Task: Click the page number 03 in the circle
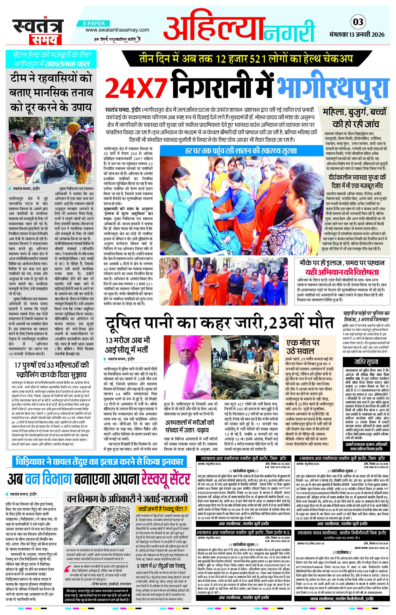click(x=358, y=22)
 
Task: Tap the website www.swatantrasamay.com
click(x=117, y=30)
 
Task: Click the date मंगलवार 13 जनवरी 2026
click(x=357, y=34)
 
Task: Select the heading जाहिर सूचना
click(x=366, y=361)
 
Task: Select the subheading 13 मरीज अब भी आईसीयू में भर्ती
click(x=127, y=345)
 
